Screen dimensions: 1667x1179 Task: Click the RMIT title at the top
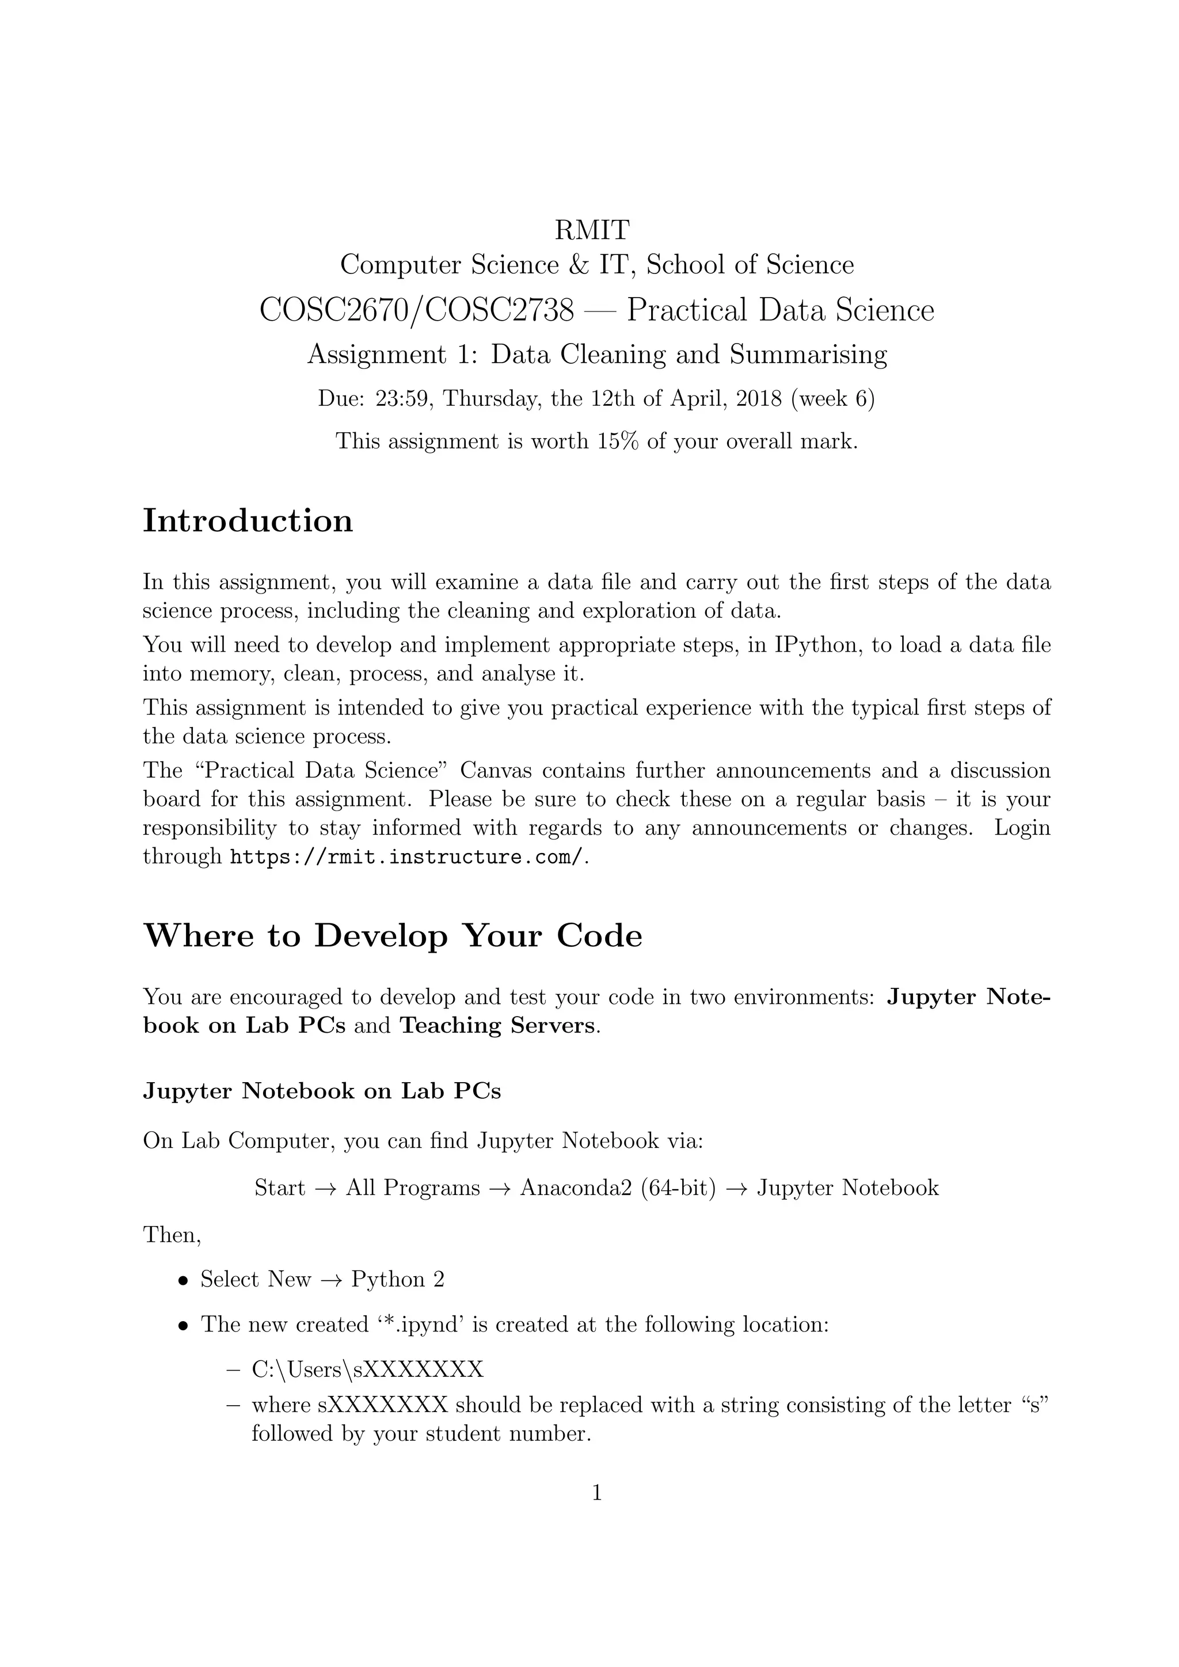[592, 230]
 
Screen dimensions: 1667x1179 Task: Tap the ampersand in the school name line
[579, 265]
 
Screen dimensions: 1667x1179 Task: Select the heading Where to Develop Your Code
[393, 935]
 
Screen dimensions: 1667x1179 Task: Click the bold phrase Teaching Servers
[498, 1025]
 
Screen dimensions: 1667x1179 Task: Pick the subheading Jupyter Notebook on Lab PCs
[322, 1091]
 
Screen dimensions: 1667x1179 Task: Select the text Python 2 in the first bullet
[397, 1279]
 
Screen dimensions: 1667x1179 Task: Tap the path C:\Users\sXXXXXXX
[367, 1369]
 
